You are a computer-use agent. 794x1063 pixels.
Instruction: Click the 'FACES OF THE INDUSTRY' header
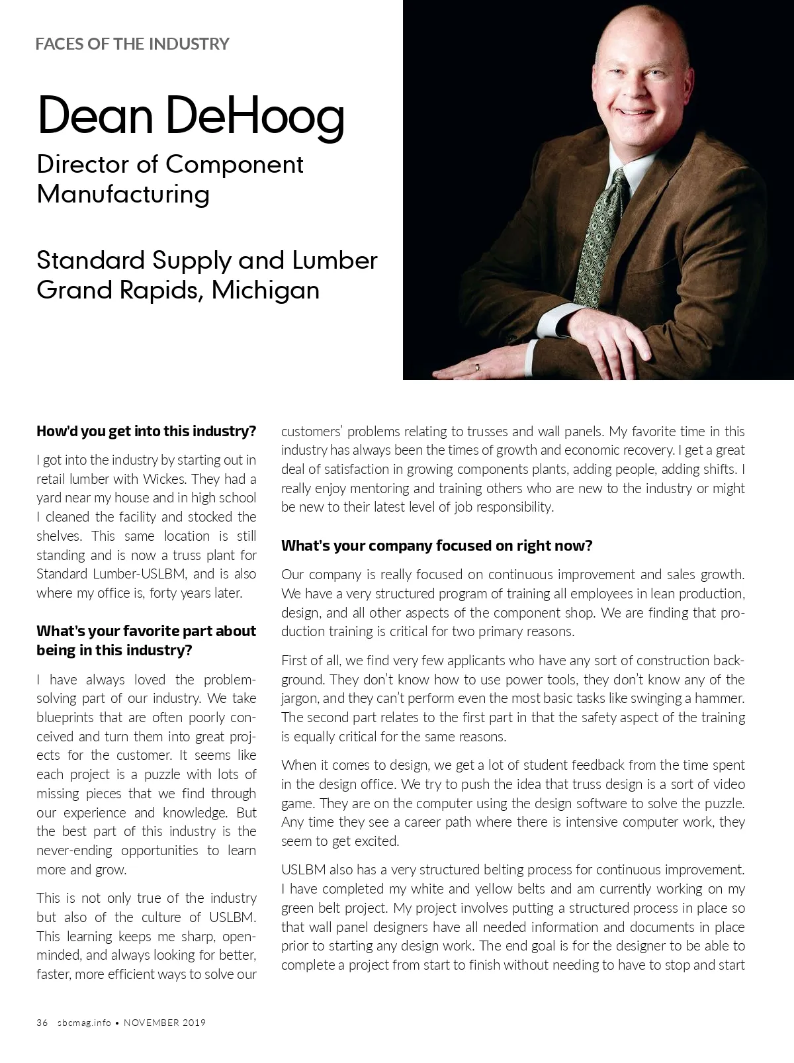click(x=132, y=44)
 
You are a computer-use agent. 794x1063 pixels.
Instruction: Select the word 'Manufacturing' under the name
click(x=123, y=194)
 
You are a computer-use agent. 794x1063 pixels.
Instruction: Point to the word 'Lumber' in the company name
click(x=335, y=259)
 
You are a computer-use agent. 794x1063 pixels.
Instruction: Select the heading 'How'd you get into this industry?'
click(x=146, y=432)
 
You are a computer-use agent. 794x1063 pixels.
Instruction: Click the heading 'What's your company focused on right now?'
click(x=437, y=546)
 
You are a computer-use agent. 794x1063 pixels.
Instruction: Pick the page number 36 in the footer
click(x=42, y=1023)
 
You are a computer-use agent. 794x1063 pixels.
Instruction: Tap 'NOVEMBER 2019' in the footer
click(x=165, y=1023)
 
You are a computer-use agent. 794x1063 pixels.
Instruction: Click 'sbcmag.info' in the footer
click(x=84, y=1023)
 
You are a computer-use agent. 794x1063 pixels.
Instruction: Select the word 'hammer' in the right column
click(x=723, y=698)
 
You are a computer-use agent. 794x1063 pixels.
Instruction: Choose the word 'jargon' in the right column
click(x=300, y=698)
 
